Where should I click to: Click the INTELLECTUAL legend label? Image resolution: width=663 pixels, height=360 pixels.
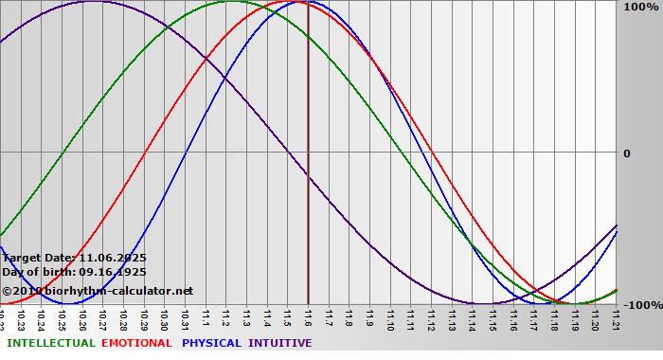(50, 343)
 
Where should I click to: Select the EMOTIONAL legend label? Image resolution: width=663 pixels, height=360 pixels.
(136, 343)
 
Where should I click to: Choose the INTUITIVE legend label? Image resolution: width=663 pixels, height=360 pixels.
(280, 343)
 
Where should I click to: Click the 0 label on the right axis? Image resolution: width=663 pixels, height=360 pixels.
(626, 153)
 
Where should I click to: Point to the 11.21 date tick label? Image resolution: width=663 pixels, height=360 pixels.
(617, 322)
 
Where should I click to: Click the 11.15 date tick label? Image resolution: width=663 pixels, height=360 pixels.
(493, 322)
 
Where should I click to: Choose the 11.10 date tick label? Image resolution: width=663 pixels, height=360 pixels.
(390, 322)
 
